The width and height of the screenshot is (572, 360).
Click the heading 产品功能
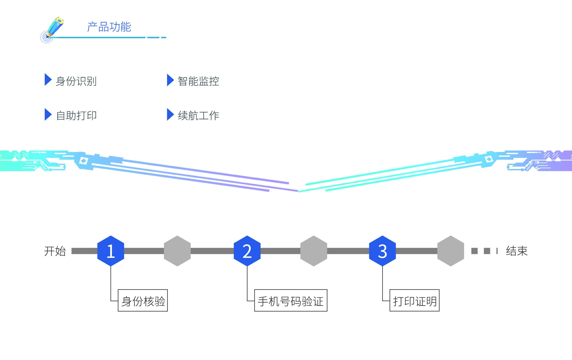click(x=109, y=27)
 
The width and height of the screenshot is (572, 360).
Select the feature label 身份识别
click(x=76, y=81)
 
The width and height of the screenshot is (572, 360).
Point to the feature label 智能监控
click(x=198, y=81)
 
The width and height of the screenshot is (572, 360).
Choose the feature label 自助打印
click(x=76, y=115)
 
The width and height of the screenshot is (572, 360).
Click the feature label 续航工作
click(x=198, y=115)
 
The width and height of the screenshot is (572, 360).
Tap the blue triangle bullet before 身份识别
click(x=48, y=80)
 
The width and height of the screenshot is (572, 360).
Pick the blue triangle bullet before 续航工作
click(x=170, y=114)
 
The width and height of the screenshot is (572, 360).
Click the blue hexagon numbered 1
click(x=111, y=251)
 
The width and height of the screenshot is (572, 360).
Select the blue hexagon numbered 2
click(x=247, y=251)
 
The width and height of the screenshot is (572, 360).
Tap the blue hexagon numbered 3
click(x=382, y=251)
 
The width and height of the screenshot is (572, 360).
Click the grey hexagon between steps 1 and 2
click(x=177, y=251)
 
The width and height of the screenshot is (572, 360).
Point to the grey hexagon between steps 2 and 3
click(x=314, y=251)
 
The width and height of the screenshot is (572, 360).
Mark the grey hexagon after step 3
click(x=451, y=251)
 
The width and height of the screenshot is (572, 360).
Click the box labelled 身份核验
click(x=143, y=300)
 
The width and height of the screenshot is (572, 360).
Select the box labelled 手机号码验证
click(x=291, y=300)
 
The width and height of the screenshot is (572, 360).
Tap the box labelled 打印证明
click(x=414, y=300)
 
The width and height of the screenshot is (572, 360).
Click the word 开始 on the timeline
click(x=55, y=251)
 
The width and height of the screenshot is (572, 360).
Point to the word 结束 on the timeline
click(x=517, y=251)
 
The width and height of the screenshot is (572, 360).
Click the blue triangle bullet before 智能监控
click(x=170, y=80)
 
